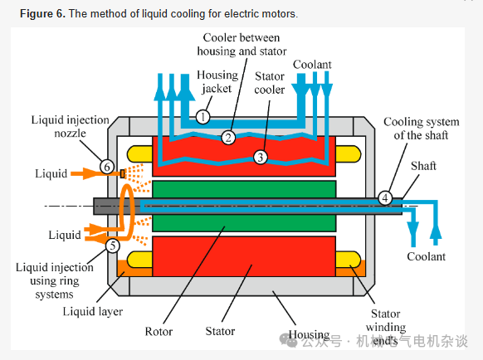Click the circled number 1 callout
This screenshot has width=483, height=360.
(x=202, y=117)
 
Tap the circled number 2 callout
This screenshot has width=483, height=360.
(x=228, y=138)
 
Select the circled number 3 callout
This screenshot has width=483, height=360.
(x=261, y=157)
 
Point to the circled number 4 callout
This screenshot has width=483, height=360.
(x=385, y=197)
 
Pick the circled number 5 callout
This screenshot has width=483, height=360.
(x=112, y=246)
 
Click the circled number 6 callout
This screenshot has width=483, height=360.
(x=107, y=167)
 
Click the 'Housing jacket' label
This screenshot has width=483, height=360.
(x=217, y=81)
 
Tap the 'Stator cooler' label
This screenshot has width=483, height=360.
(x=270, y=83)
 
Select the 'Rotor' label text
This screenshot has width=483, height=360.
(x=159, y=331)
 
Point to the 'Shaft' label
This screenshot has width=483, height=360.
(x=423, y=166)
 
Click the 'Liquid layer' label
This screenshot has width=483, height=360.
(x=93, y=311)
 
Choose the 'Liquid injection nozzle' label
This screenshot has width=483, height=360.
(x=71, y=126)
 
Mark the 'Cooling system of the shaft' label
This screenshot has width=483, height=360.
(x=421, y=129)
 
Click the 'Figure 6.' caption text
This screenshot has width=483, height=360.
(x=43, y=14)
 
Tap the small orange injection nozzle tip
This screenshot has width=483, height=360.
(x=122, y=174)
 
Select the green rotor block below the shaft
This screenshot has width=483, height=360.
(x=244, y=223)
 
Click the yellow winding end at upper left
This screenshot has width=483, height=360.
(x=139, y=154)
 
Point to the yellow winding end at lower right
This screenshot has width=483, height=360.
(x=348, y=259)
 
